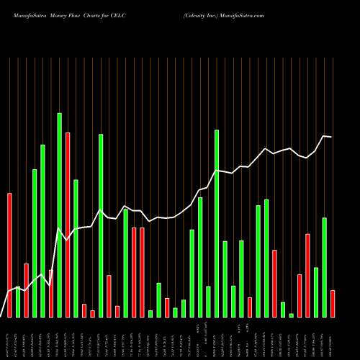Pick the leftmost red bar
click(x=10, y=255)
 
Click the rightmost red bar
click(x=333, y=303)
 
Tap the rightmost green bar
click(x=325, y=267)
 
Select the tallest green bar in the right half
click(x=216, y=223)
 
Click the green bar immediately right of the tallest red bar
click(x=76, y=248)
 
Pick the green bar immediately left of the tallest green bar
click(x=42, y=230)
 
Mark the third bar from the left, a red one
click(x=27, y=290)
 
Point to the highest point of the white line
click(x=324, y=135)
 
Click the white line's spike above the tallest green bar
click(x=59, y=229)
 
